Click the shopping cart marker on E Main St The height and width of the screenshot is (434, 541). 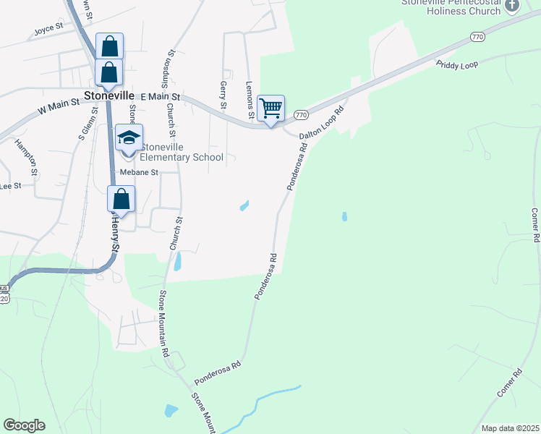[270, 109]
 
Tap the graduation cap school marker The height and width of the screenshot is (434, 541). [129, 138]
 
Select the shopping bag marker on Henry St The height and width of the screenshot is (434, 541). [122, 199]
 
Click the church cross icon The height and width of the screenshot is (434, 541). [512, 7]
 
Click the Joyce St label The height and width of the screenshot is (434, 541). [49, 32]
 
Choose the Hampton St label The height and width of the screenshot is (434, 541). [26, 158]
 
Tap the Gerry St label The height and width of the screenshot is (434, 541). [223, 91]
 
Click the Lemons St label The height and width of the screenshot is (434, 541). [250, 101]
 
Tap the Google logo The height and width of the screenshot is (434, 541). [24, 425]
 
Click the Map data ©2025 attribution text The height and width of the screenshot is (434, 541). [510, 428]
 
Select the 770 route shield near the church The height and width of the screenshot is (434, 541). [477, 36]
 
